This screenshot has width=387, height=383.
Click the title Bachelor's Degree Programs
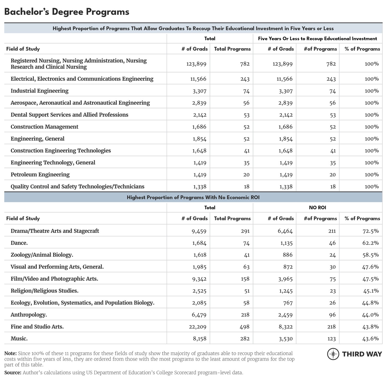tap(67, 12)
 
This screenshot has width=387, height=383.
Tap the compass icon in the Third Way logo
tap(333, 354)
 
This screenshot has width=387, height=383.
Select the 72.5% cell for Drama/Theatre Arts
tap(371, 231)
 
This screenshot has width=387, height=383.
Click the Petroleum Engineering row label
tap(40, 175)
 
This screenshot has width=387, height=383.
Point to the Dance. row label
tap(19, 243)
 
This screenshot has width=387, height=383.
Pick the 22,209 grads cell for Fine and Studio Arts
tap(197, 327)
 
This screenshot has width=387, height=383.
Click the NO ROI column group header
tap(317, 208)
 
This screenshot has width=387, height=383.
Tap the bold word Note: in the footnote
tap(10, 353)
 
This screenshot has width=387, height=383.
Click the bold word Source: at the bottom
tap(13, 373)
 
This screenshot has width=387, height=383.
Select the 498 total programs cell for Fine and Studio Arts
tap(244, 327)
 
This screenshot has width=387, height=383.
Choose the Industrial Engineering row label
tap(39, 91)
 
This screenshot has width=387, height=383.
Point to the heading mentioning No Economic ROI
tap(193, 197)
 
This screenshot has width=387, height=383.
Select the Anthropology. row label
tap(29, 315)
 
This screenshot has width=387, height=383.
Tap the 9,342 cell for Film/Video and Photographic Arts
tap(199, 279)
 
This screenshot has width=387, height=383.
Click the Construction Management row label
tap(44, 127)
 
